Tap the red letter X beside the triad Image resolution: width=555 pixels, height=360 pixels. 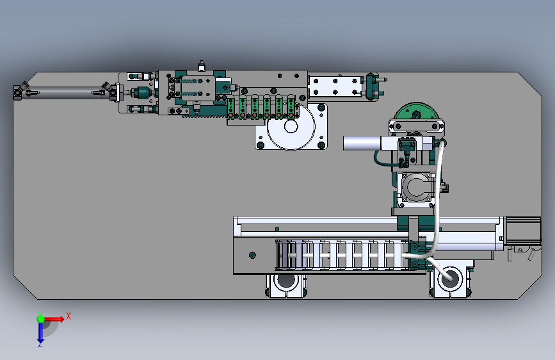(x=68, y=316)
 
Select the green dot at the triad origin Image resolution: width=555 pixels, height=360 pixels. (x=40, y=319)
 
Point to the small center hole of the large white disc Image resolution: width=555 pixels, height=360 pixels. (x=291, y=126)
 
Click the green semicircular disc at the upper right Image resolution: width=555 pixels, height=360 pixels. (x=416, y=111)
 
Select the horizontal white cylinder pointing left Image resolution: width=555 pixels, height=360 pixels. (x=362, y=143)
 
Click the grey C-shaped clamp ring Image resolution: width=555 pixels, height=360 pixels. (x=417, y=188)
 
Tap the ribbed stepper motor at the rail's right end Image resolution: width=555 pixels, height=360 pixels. (x=524, y=231)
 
